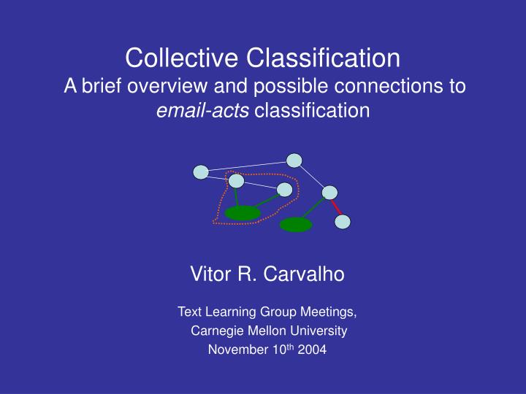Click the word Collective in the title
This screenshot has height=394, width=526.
(x=181, y=58)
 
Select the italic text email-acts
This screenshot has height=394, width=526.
(x=202, y=110)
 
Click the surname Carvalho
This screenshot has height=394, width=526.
(x=304, y=274)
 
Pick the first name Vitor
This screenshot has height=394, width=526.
(x=210, y=274)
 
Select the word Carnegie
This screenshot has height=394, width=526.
(x=218, y=331)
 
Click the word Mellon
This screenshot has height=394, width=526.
(x=267, y=331)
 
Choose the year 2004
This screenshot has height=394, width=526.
(x=312, y=349)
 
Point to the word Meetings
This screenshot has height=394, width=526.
(x=329, y=312)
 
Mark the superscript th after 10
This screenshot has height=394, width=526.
(x=291, y=347)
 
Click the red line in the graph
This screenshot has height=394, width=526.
(x=337, y=207)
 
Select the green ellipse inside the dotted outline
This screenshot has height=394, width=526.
(x=243, y=213)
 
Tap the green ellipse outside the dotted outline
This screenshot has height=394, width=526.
(x=296, y=225)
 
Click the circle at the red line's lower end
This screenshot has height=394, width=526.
(x=343, y=222)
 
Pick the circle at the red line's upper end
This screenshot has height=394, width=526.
(x=329, y=193)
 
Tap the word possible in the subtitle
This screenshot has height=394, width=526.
(x=291, y=85)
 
